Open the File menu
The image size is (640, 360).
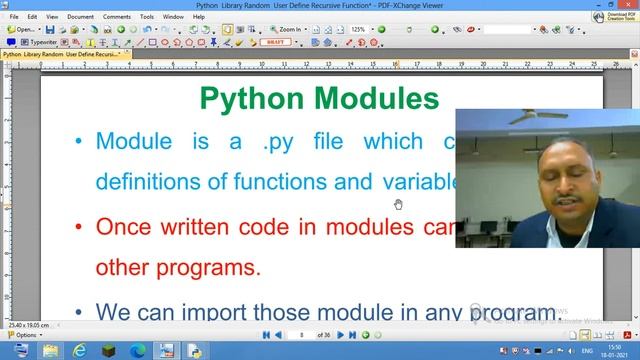[x=14, y=17]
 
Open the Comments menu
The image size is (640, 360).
[x=116, y=17]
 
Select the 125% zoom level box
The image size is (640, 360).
[x=359, y=30]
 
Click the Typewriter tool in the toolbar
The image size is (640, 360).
[x=40, y=43]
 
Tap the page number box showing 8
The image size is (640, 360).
[x=302, y=334]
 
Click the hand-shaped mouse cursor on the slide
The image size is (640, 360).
[x=398, y=204]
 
